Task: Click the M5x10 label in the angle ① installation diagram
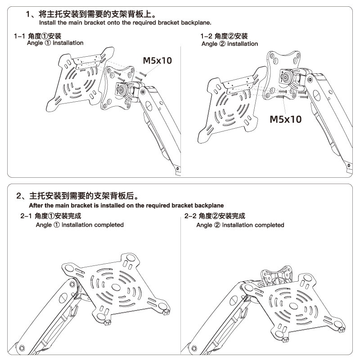coord(157,60)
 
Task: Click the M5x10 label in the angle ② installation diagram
coord(285,119)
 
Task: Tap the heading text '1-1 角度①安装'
coord(38,36)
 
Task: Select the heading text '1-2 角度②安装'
coord(224,36)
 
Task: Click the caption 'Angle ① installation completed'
coord(80,225)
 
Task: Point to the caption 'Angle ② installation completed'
coord(240,225)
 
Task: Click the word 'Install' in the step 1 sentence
coord(48,22)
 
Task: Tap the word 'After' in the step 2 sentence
coord(37,205)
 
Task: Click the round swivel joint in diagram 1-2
coord(287,76)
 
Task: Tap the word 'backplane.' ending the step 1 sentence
coord(196,22)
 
